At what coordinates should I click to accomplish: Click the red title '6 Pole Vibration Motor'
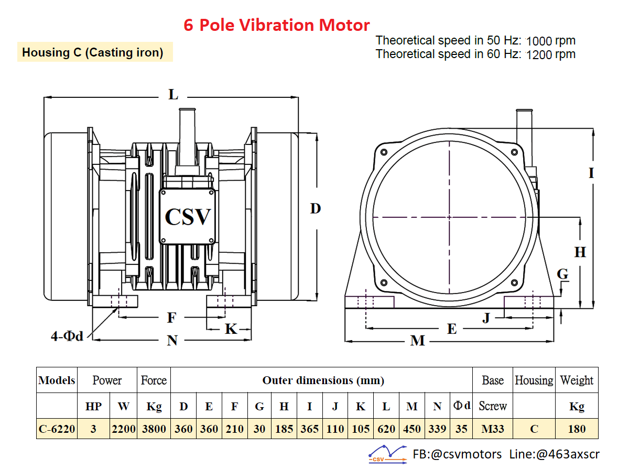pyautogui.click(x=277, y=25)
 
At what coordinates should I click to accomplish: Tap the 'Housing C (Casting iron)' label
pyautogui.click(x=93, y=52)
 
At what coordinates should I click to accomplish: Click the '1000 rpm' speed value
pyautogui.click(x=551, y=41)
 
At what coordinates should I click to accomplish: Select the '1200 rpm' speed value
pyautogui.click(x=551, y=54)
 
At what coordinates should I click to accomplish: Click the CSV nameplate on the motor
pyautogui.click(x=188, y=217)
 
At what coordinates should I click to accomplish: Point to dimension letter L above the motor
pyautogui.click(x=173, y=94)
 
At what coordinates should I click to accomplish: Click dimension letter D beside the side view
pyautogui.click(x=316, y=208)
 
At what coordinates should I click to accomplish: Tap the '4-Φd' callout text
pyautogui.click(x=67, y=336)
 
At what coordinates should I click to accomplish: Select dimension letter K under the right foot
pyautogui.click(x=231, y=329)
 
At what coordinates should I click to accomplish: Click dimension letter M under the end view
pyautogui.click(x=417, y=341)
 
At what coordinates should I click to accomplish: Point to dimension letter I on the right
pyautogui.click(x=591, y=173)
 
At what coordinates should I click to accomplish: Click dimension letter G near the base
pyautogui.click(x=562, y=274)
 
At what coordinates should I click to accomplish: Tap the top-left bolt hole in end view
pyautogui.click(x=384, y=152)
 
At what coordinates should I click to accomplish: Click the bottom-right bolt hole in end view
pyautogui.click(x=514, y=283)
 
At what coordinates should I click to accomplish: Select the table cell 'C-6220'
pyautogui.click(x=57, y=429)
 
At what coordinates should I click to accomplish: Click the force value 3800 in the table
pyautogui.click(x=154, y=429)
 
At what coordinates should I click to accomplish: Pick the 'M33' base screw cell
pyautogui.click(x=493, y=429)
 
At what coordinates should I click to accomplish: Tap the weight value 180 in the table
pyautogui.click(x=577, y=429)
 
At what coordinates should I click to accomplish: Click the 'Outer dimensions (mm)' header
pyautogui.click(x=323, y=380)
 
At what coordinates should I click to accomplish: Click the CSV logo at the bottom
pyautogui.click(x=388, y=454)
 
